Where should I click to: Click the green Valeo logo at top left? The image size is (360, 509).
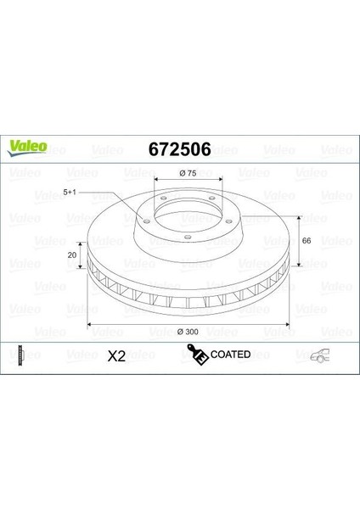pos(28,148)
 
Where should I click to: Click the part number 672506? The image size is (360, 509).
pos(180,149)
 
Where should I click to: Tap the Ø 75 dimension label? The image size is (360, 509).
pos(188,173)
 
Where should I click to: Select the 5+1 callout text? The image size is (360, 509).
pos(70,193)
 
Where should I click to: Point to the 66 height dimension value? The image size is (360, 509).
pos(307,241)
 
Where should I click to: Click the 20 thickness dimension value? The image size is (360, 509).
pos(72,255)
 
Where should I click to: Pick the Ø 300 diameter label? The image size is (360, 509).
pos(188,332)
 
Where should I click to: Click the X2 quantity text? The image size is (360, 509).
pos(116,356)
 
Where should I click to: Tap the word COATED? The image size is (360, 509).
pos(230,354)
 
